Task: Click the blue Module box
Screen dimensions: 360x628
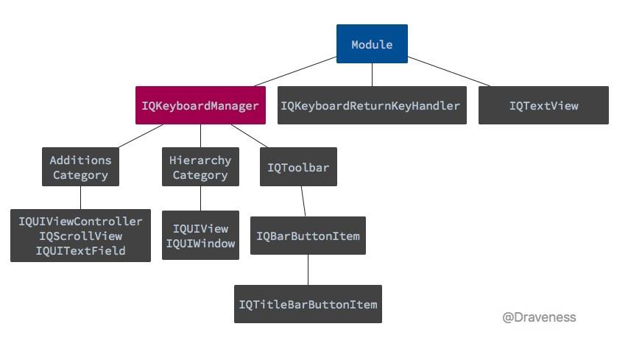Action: (372, 44)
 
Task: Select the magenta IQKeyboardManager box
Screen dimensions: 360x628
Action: (200, 105)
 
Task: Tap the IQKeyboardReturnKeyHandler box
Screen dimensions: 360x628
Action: (372, 105)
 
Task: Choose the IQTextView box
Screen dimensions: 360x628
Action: (543, 105)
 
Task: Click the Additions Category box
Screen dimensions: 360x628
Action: (80, 167)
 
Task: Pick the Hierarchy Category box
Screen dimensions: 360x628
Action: (200, 167)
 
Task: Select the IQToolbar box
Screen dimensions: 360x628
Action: (298, 167)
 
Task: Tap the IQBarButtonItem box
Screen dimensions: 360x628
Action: (308, 236)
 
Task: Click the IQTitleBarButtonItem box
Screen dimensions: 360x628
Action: (308, 304)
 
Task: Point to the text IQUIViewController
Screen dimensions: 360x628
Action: (80, 221)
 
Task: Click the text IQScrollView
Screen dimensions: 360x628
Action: (80, 236)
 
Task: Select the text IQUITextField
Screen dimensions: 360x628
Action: (80, 250)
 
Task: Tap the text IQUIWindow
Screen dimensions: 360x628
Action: (200, 244)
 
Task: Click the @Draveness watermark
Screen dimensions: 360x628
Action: (539, 317)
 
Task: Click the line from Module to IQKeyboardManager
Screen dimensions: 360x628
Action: (294, 71)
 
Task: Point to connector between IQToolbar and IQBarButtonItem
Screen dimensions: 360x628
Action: (303, 200)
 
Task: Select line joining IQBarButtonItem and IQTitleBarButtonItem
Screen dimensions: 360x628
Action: (308, 269)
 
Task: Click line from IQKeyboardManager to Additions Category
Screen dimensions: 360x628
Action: (140, 136)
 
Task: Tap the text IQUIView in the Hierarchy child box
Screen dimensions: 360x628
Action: (200, 229)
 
